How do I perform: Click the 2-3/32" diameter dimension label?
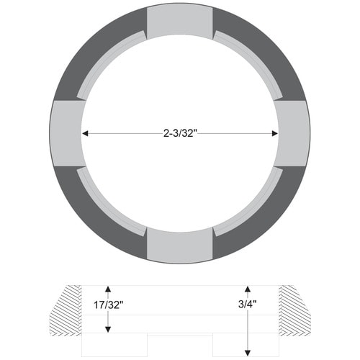click(180, 132)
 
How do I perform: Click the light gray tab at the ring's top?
click(180, 22)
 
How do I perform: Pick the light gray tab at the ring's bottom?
click(180, 246)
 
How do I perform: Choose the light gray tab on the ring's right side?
click(292, 133)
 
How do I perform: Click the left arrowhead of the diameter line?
click(84, 133)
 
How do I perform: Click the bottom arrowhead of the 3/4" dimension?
click(247, 353)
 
